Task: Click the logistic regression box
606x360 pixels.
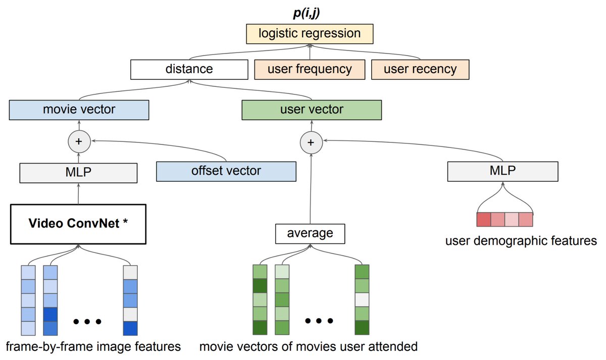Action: (309, 34)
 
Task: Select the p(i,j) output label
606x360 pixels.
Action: (309, 12)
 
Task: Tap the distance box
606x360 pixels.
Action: (189, 69)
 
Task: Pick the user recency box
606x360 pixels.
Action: (420, 69)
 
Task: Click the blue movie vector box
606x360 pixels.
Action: (79, 110)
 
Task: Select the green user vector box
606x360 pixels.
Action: (312, 110)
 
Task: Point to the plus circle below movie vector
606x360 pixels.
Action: (78, 142)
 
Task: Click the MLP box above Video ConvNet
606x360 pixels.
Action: (78, 172)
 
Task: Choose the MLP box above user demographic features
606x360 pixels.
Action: (502, 171)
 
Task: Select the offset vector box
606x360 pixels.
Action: (226, 171)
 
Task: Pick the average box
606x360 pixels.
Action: (310, 234)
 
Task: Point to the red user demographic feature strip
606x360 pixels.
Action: (504, 220)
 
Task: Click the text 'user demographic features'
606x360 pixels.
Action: (521, 241)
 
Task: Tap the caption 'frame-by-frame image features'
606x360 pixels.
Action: (93, 347)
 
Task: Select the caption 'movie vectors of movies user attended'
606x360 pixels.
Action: (308, 347)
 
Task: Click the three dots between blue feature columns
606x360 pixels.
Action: (87, 321)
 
